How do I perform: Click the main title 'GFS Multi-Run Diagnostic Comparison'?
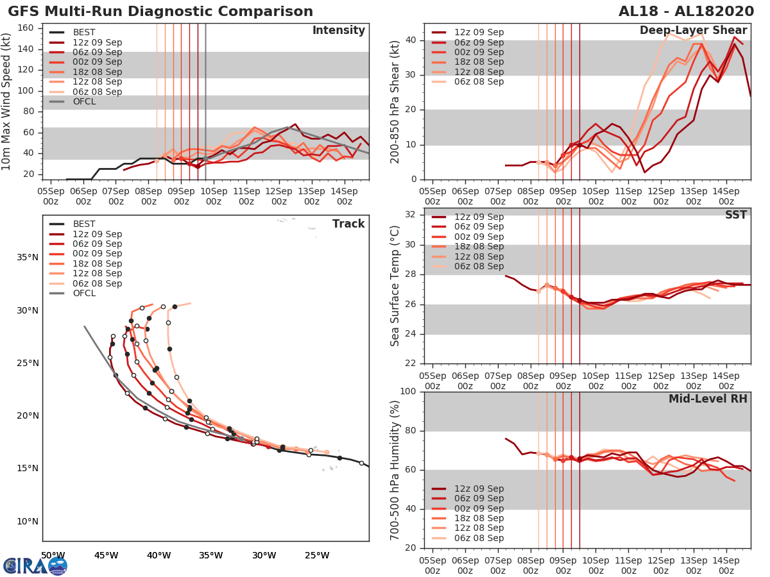coord(160,12)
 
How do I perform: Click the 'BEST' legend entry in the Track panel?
coord(84,224)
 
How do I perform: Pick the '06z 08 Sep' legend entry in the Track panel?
coord(96,283)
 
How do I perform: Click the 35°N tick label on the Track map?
coord(27,258)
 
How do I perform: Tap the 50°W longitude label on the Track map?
coord(53,555)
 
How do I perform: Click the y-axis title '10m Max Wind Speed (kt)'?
coord(7,103)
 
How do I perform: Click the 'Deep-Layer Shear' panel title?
coord(693,31)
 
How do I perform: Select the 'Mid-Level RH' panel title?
coord(708,399)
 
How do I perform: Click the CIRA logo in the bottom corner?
coord(35,565)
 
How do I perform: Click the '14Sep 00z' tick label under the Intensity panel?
coord(343,196)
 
